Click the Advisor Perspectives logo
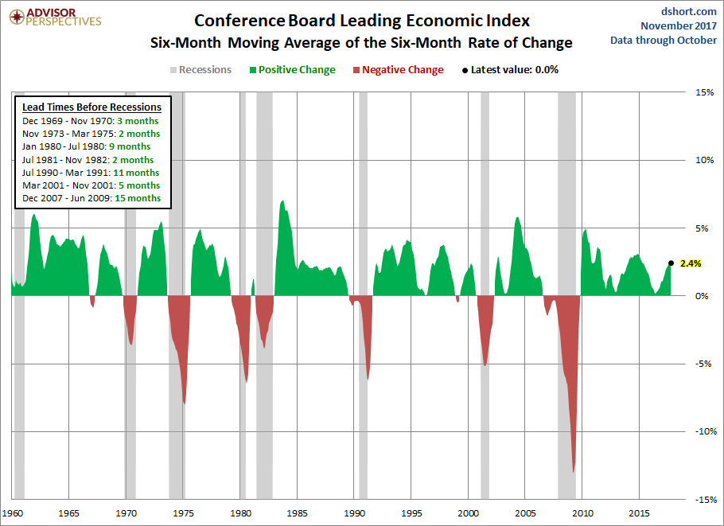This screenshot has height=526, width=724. point(56,17)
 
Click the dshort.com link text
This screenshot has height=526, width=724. point(688,11)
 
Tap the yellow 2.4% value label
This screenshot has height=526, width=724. point(691,263)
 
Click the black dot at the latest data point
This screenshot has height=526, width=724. point(671,263)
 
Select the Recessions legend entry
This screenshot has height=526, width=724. point(200,70)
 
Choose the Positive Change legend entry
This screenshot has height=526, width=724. point(293,70)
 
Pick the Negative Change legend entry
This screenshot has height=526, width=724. point(398,70)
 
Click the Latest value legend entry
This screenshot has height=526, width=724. point(510,70)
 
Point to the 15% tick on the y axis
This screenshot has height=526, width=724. point(705,92)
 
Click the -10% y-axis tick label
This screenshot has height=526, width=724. point(706,431)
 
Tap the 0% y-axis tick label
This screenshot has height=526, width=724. point(702,296)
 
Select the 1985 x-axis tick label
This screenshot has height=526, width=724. point(297,513)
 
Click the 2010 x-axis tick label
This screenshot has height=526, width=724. point(582,513)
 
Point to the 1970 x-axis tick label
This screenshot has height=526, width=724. point(126,513)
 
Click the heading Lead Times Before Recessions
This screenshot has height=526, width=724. point(91,107)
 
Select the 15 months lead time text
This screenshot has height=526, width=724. point(138,198)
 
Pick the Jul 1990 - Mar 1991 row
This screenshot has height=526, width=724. point(91,173)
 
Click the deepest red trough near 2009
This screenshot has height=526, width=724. point(574,472)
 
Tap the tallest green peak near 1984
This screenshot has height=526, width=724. point(282,201)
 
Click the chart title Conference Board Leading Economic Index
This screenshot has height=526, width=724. point(361,21)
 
